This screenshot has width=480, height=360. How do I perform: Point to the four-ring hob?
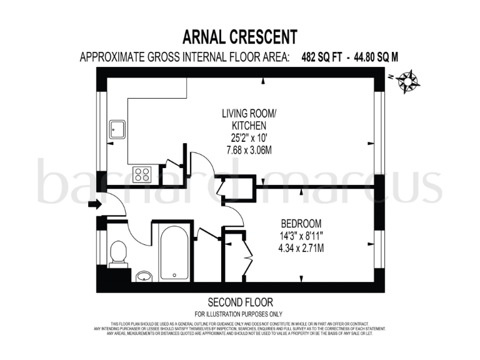click(141, 172)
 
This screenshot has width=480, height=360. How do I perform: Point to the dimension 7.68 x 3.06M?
click(247, 150)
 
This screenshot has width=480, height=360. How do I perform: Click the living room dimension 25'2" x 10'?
click(247, 137)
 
